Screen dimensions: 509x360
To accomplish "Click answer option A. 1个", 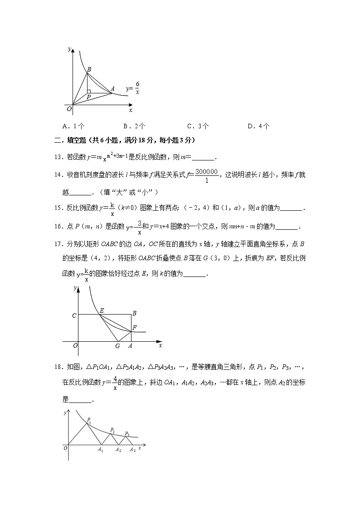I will point(73,126).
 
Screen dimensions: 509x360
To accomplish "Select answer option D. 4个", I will point(258,126).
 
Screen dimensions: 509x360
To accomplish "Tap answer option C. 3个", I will point(198,126).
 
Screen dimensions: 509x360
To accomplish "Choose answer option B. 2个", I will point(134,126).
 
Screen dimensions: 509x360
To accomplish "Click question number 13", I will point(58,157).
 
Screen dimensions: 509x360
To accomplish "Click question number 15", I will point(58,208).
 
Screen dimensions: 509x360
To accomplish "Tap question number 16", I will point(58,226).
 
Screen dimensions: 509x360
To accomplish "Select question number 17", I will point(58,245).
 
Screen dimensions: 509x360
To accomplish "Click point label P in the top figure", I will point(88,97).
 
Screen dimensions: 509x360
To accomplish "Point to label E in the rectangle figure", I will point(102,310).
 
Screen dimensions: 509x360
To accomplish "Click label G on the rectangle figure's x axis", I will point(117,346).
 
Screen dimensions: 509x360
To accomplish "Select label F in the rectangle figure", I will point(134,327).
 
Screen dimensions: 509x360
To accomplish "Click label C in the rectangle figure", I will point(74,315).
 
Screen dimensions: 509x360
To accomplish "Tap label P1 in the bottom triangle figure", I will point(89,420).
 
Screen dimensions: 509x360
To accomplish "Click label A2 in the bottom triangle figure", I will point(118,450).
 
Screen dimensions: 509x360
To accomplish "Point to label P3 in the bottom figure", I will point(127,434).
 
